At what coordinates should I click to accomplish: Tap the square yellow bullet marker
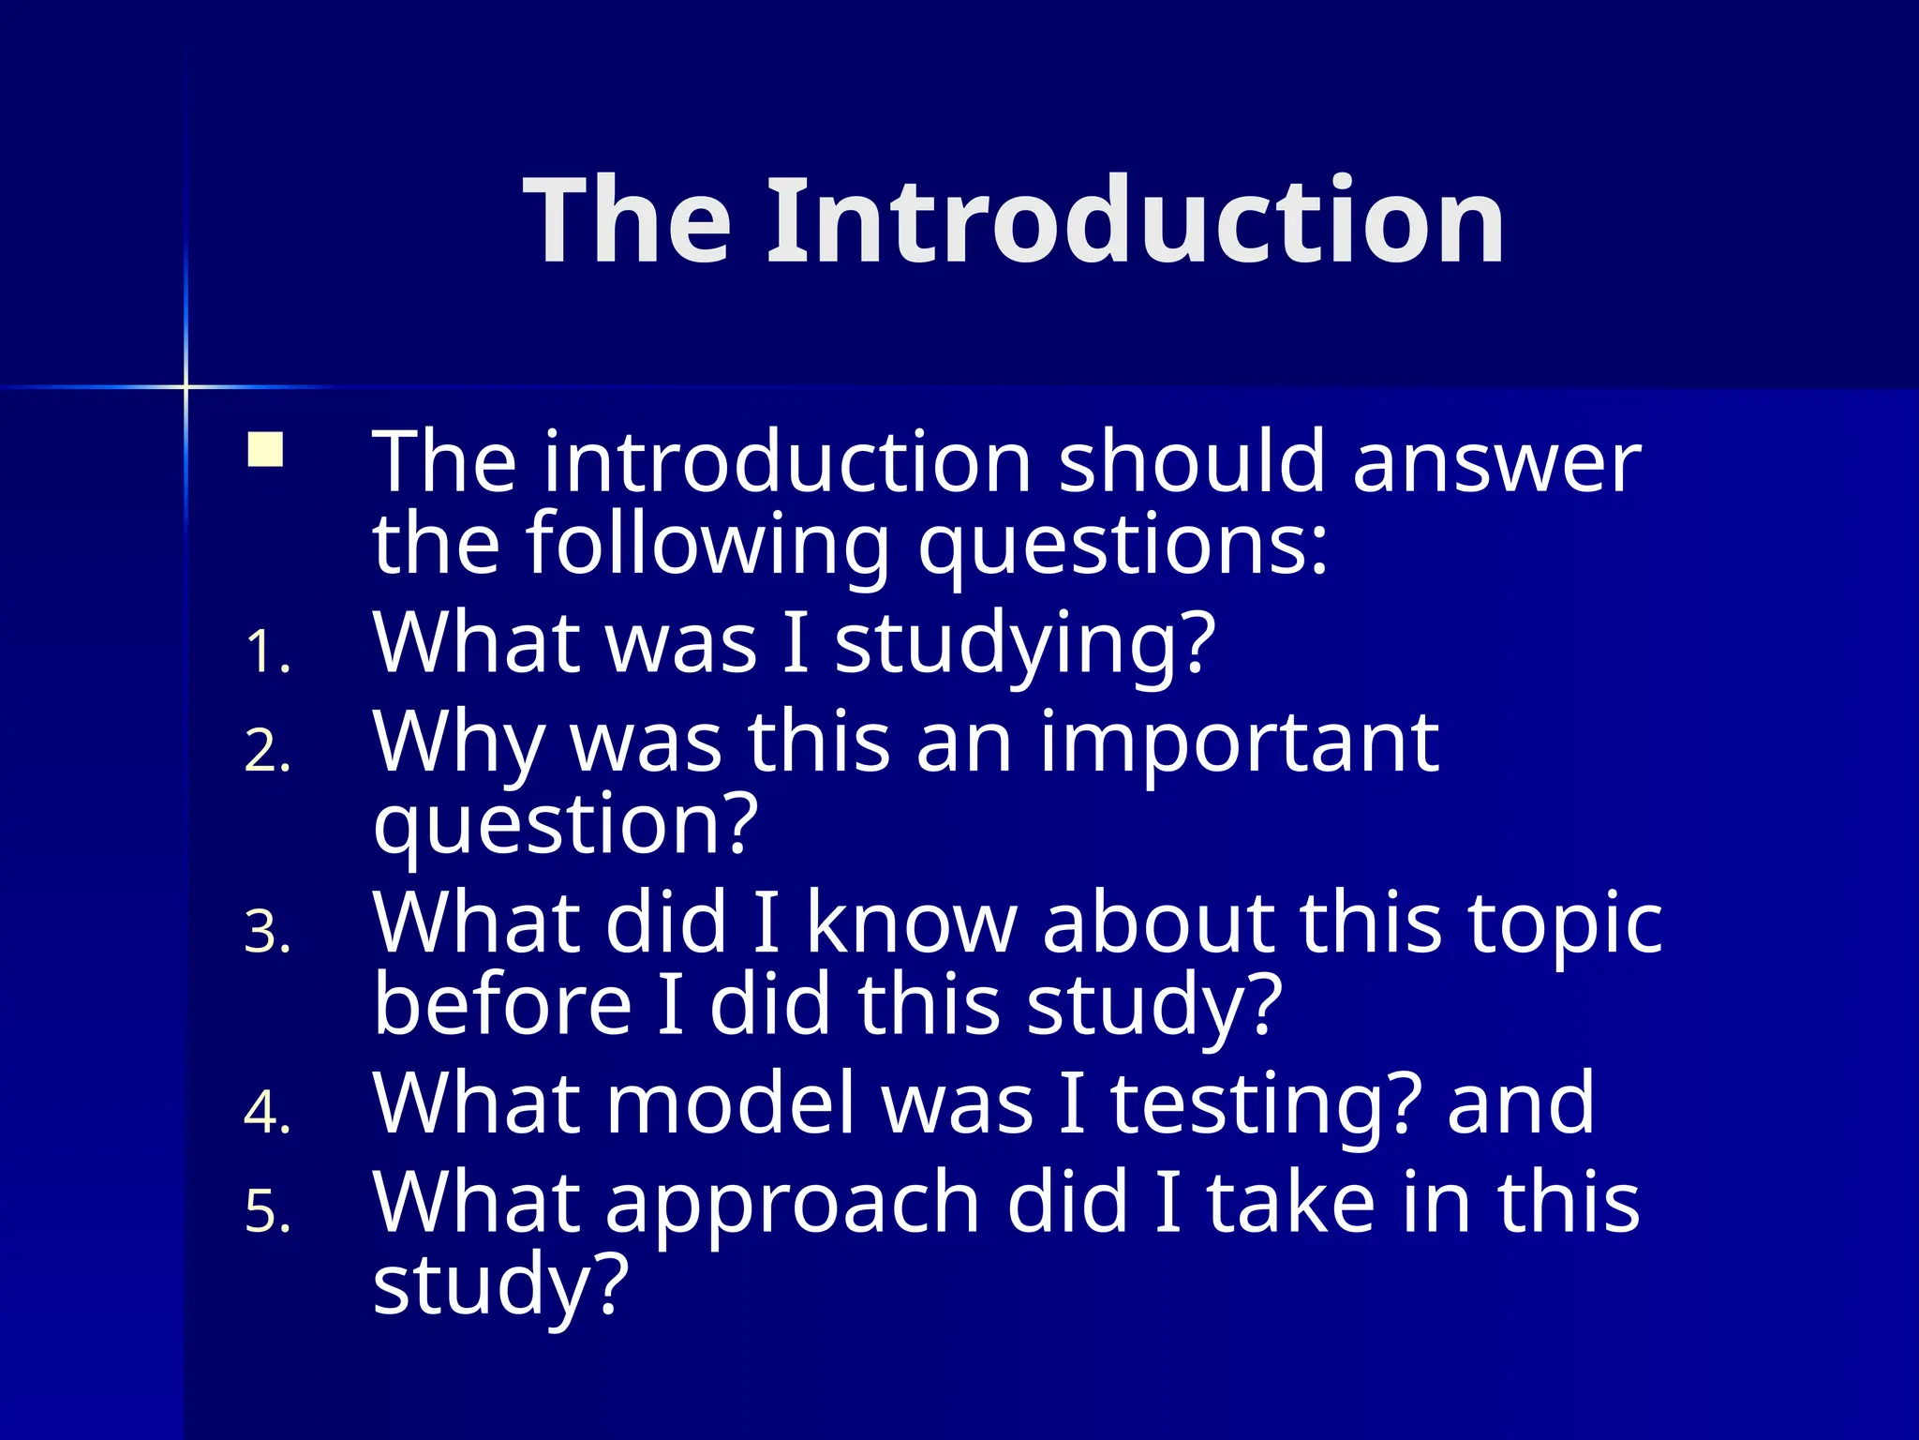(x=265, y=449)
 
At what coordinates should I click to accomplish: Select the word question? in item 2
(x=565, y=825)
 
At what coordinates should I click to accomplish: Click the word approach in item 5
(x=793, y=1206)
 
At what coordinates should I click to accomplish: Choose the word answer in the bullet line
(x=1496, y=461)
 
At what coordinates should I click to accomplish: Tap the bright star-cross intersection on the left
(x=186, y=386)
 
